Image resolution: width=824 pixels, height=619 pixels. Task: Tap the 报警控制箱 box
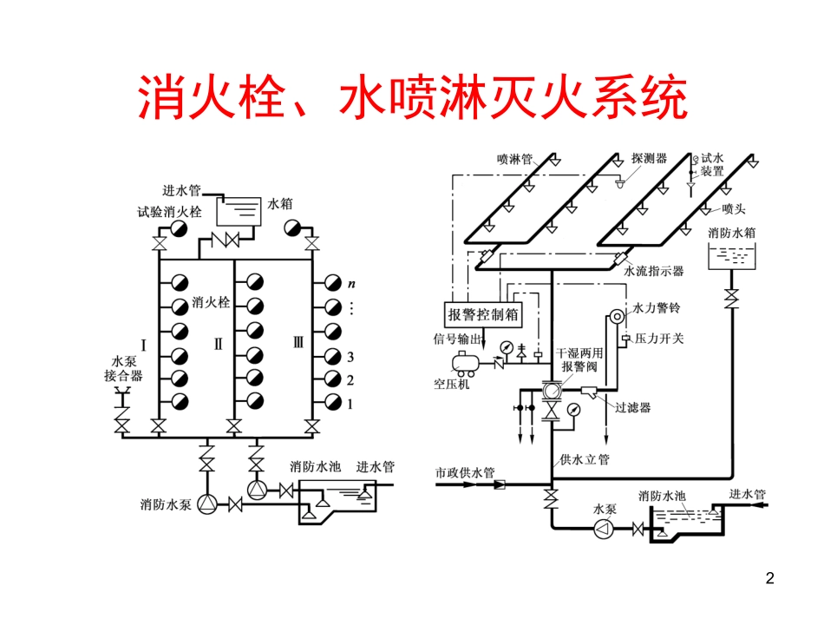point(483,314)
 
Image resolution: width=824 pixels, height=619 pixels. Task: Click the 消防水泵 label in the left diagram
point(166,504)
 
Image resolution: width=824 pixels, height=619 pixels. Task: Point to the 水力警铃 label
point(656,307)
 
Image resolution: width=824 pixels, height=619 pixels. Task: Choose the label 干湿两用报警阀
point(579,360)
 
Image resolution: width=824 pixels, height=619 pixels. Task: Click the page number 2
point(769,578)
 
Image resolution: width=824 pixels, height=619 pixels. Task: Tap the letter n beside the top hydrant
point(352,283)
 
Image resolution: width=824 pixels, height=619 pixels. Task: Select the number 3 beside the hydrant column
point(351,357)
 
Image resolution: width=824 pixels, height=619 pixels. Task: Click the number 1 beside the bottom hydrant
point(351,404)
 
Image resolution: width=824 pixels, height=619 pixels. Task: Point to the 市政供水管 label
point(464,473)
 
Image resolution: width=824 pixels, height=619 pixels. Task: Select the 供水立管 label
point(585,459)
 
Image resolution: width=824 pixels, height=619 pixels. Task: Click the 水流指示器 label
point(654,271)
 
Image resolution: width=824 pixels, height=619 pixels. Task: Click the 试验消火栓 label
point(168,211)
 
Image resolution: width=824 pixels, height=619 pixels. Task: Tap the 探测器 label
point(649,158)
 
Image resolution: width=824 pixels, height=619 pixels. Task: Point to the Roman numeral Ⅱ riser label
point(219,343)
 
